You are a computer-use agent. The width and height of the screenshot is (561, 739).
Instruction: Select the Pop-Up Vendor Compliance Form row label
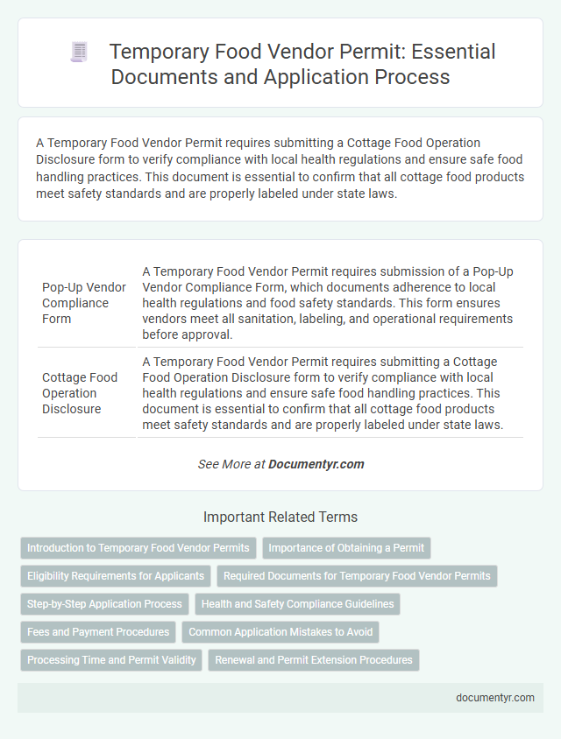[83, 303]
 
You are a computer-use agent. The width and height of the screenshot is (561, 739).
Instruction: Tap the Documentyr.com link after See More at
[316, 464]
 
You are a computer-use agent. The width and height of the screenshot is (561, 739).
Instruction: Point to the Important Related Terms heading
[280, 517]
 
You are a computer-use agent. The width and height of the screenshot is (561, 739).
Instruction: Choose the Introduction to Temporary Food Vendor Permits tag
[138, 548]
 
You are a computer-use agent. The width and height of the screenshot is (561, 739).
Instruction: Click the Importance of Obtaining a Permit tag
[346, 548]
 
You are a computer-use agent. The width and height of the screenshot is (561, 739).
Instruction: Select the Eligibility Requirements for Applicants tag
[116, 576]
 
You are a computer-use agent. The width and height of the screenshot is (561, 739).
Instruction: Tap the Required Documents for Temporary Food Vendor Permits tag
[357, 576]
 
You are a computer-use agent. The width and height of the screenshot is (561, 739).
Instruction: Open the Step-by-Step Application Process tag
[104, 604]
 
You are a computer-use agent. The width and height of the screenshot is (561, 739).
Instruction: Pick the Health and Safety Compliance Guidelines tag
[298, 604]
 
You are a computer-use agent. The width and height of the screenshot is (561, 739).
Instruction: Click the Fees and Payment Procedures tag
[98, 632]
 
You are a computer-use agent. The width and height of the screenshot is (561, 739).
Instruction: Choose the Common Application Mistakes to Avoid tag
[280, 632]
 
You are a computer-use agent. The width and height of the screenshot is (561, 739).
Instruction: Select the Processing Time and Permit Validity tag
[111, 660]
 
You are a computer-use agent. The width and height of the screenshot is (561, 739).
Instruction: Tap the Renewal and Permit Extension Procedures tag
[314, 660]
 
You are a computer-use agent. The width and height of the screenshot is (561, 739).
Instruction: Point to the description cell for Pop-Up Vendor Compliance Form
[330, 302]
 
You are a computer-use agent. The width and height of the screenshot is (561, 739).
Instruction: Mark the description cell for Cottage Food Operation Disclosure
[330, 393]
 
